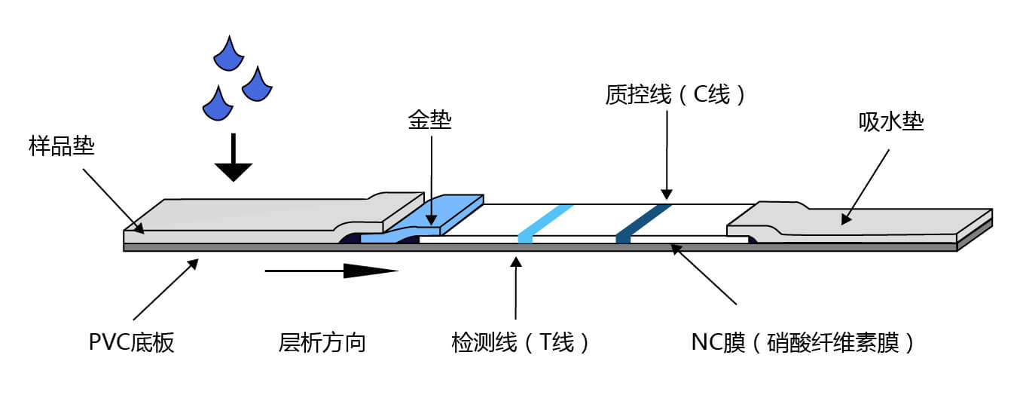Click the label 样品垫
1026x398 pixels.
[x=62, y=145]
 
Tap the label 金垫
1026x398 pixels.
[x=430, y=119]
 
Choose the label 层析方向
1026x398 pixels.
[x=322, y=343]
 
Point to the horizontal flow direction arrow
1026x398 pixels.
[x=331, y=270]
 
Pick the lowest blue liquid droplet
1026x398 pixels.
[x=216, y=104]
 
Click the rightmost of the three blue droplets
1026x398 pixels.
[x=256, y=85]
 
